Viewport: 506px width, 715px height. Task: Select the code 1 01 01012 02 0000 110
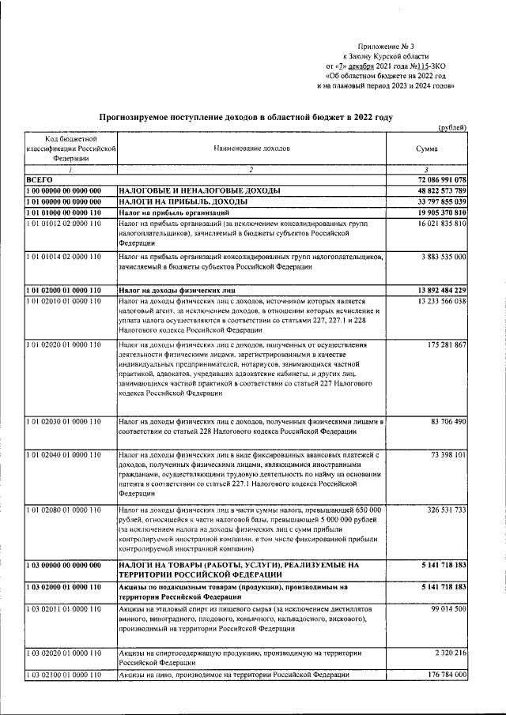[x=63, y=224]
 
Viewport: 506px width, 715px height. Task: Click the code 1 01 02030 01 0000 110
[x=63, y=422]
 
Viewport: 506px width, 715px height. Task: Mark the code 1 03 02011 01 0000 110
[x=63, y=610]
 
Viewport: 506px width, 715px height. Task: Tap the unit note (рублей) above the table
[x=451, y=128]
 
